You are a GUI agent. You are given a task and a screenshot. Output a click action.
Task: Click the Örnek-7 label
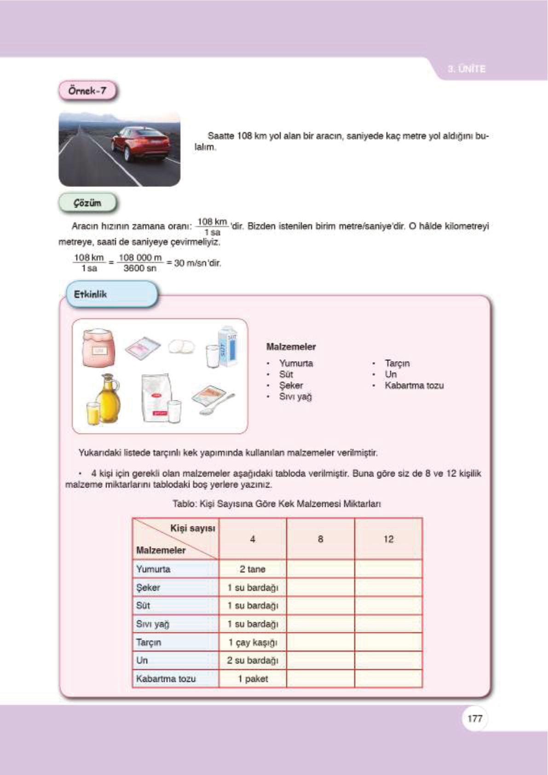click(87, 91)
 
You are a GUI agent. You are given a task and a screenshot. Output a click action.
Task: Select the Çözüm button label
click(87, 203)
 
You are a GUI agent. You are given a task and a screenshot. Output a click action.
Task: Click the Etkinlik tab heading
click(91, 294)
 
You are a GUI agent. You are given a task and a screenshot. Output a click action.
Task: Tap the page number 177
click(474, 718)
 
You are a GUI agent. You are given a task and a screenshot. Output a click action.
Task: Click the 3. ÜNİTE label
click(467, 69)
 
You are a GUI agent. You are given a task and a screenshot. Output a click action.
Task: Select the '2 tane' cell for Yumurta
click(253, 569)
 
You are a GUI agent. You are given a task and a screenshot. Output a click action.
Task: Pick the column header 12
click(388, 539)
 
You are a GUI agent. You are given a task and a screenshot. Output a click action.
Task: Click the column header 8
click(320, 539)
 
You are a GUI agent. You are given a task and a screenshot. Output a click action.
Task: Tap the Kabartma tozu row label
click(166, 679)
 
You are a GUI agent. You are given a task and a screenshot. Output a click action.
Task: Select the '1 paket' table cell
click(253, 679)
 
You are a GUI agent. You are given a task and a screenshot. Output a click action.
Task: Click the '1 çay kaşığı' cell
click(253, 642)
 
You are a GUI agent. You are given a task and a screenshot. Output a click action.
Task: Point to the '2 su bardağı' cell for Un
click(253, 660)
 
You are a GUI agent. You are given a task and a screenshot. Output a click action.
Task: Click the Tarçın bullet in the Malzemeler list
click(397, 363)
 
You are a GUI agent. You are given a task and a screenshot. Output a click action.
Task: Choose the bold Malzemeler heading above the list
click(291, 347)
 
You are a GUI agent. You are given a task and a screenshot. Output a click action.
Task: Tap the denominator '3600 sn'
click(140, 268)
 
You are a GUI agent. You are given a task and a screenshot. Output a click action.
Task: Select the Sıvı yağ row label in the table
click(153, 624)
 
